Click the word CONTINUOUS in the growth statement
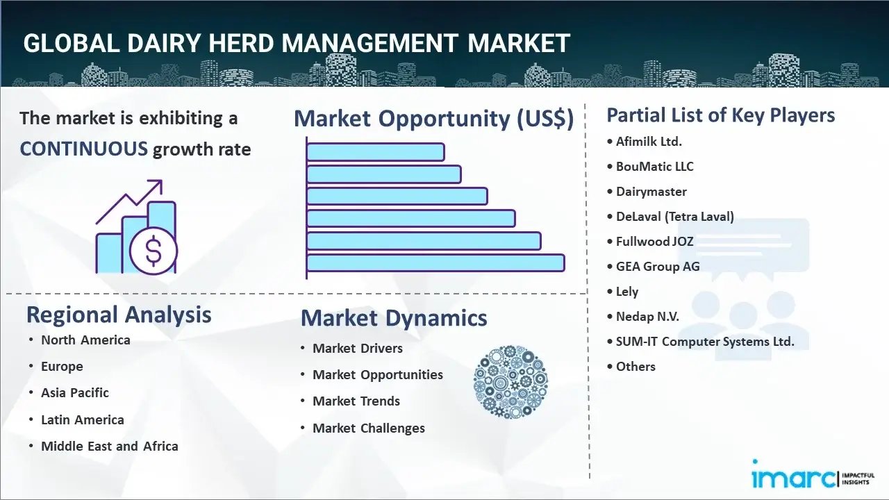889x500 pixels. (83, 149)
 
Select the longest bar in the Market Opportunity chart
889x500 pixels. (435, 263)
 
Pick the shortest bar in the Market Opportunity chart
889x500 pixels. (375, 151)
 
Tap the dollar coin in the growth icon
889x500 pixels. (153, 251)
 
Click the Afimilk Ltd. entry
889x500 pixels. (649, 141)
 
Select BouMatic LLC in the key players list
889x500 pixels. (654, 167)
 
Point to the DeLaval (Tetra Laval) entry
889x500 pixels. (674, 217)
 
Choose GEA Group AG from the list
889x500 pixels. (658, 267)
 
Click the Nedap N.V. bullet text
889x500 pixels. (647, 317)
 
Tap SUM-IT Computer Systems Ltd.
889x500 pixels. (705, 342)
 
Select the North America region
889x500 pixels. (85, 340)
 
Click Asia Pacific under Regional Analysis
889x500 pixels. (75, 393)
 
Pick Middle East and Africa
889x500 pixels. (110, 447)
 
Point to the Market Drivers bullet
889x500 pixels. (358, 349)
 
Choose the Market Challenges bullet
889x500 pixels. (369, 428)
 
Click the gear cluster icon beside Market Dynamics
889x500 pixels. (510, 382)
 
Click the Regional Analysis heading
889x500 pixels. (119, 315)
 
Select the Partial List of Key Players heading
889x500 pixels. (721, 115)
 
